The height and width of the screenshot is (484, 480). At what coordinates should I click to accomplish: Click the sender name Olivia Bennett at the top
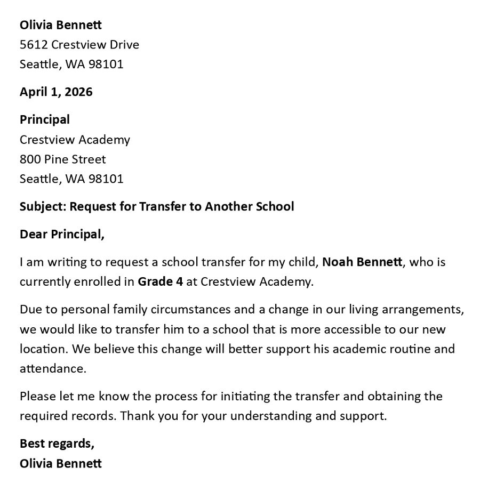[x=60, y=25]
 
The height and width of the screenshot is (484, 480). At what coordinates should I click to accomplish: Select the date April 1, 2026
[x=56, y=92]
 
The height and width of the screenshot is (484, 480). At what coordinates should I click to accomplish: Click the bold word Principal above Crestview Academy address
[x=45, y=120]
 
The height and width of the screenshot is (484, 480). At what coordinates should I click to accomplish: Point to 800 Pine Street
[x=62, y=159]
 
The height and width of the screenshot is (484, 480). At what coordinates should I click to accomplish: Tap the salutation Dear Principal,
[x=62, y=235]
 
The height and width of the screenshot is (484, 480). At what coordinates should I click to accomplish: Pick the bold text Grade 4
[x=161, y=282]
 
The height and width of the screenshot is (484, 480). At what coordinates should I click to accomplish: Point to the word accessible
[x=349, y=329]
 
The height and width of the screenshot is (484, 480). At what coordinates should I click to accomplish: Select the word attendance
[x=52, y=368]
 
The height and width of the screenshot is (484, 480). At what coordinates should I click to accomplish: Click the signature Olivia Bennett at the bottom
[x=60, y=463]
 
